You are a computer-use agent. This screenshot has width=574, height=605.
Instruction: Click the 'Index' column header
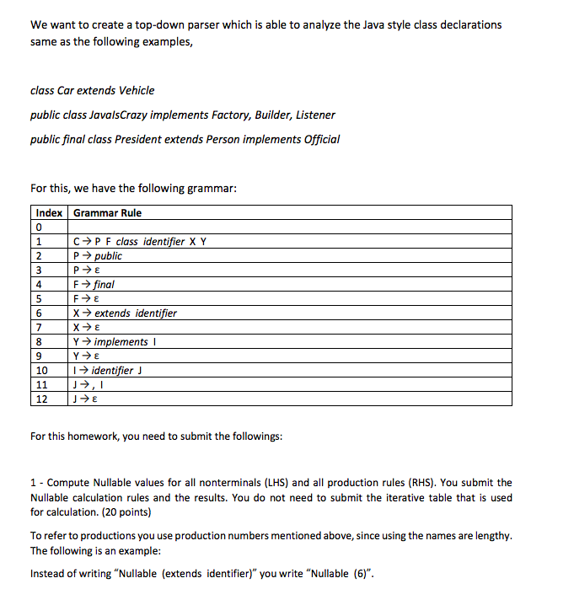[x=48, y=213]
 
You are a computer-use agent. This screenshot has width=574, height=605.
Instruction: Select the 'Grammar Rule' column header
[x=107, y=213]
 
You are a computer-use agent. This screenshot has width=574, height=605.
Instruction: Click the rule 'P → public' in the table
[x=98, y=255]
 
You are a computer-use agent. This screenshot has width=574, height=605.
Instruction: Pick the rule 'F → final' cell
[x=94, y=284]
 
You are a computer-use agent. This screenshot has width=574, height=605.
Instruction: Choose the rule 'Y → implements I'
[x=116, y=341]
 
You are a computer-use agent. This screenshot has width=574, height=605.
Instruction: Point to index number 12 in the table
[x=40, y=399]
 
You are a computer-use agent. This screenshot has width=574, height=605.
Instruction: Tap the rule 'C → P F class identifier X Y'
[x=140, y=241]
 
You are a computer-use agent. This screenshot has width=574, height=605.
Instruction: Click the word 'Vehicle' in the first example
[x=137, y=90]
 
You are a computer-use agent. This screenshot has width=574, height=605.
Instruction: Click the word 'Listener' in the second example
[x=314, y=115]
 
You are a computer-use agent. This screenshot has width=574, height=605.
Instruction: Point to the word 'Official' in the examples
[x=320, y=139]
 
